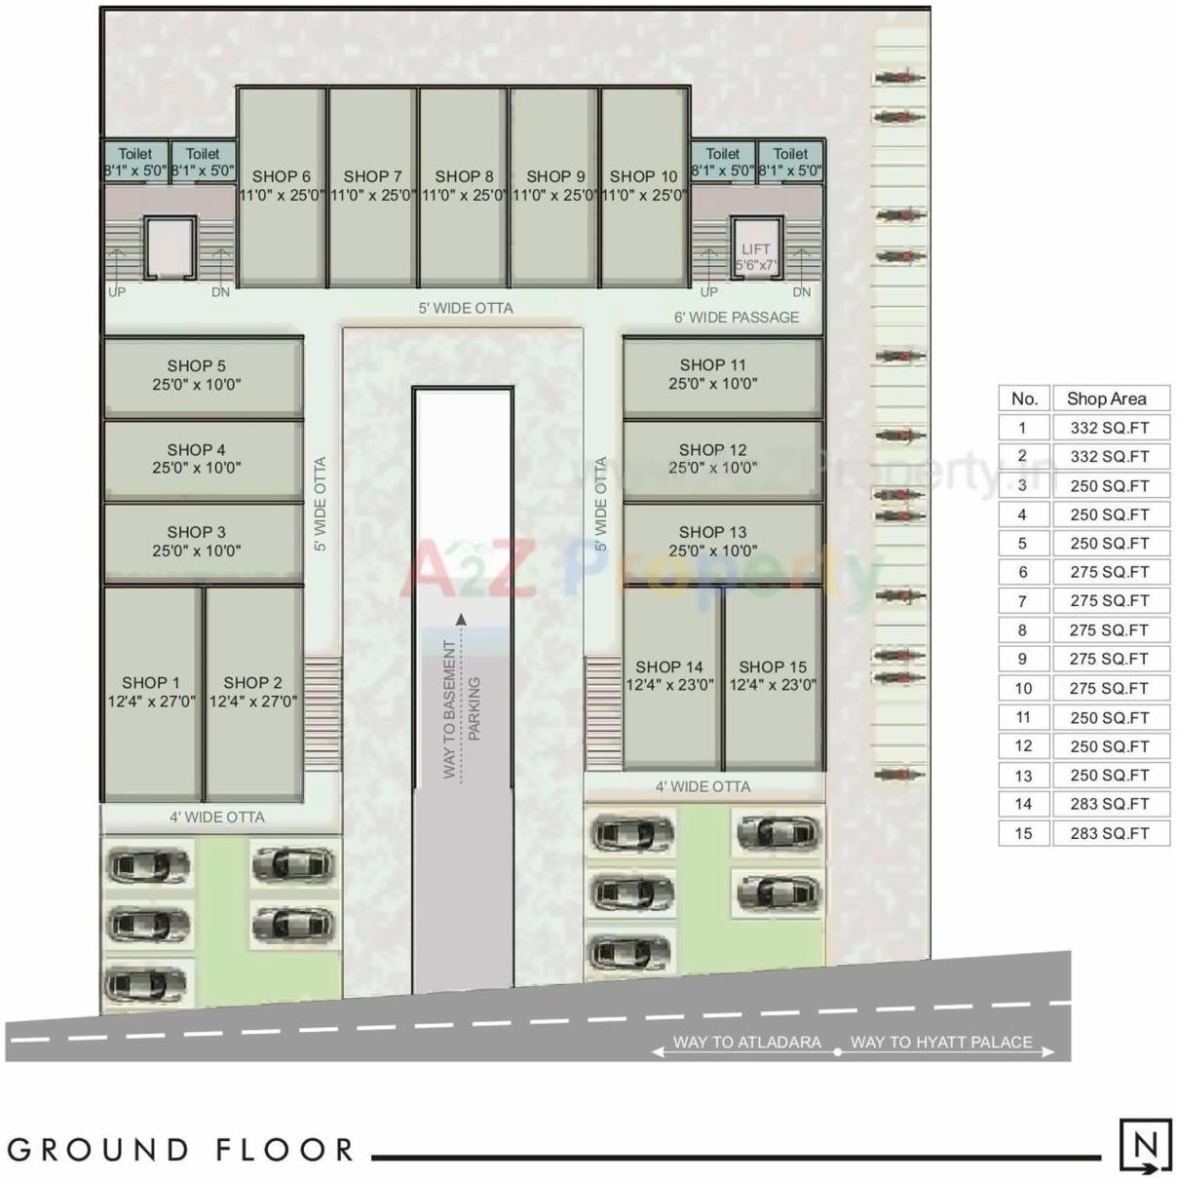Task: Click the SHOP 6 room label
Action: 281,176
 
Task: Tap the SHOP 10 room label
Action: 643,176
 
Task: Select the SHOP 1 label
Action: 151,683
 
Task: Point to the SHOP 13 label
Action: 712,532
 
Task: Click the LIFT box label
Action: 755,249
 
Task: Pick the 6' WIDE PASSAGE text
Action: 736,317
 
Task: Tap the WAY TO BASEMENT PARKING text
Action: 461,708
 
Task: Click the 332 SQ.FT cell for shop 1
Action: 1110,427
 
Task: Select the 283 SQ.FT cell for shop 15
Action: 1110,833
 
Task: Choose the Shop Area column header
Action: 1106,399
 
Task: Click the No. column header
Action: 1024,399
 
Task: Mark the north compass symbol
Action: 1145,1145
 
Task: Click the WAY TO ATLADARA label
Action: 746,1042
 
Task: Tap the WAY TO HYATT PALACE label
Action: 941,1042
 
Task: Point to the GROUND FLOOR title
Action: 181,1150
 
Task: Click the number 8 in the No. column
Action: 1022,629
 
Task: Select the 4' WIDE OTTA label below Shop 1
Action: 217,817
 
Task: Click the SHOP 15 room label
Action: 773,667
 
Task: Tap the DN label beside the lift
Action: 801,291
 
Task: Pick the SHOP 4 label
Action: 196,450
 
